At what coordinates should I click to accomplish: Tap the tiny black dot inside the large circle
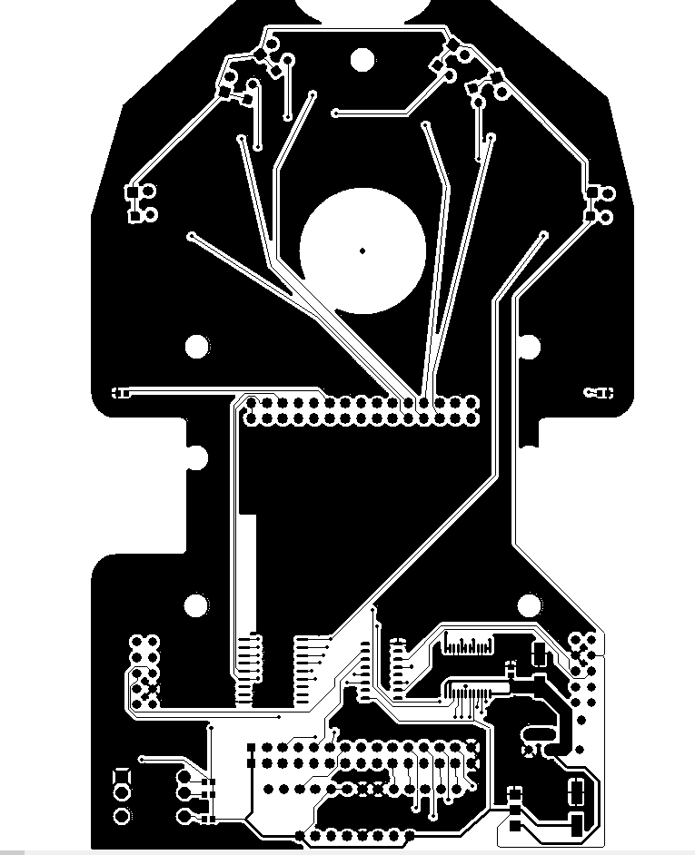(362, 251)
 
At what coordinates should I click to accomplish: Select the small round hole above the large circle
(362, 59)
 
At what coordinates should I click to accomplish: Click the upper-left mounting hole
(195, 346)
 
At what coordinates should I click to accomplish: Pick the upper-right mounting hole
(528, 346)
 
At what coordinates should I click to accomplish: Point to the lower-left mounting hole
(195, 605)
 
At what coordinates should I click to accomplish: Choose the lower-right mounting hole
(529, 605)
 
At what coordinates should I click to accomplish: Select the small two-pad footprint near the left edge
(120, 393)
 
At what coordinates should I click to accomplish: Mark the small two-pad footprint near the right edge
(599, 393)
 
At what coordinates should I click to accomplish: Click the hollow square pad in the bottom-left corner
(122, 778)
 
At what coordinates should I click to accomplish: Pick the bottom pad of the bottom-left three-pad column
(122, 817)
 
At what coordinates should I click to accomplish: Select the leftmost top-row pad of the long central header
(253, 402)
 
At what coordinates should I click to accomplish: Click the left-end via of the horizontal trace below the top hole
(336, 113)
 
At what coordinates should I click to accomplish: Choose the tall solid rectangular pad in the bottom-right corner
(576, 825)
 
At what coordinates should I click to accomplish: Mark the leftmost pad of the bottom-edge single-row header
(301, 836)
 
